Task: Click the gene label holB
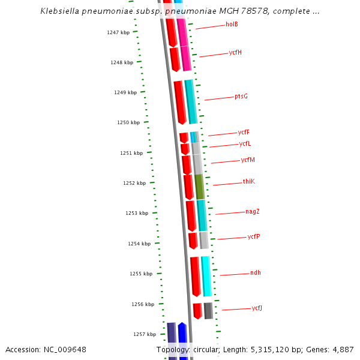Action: (232, 25)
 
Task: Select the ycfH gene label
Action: (235, 52)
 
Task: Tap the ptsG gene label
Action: (241, 96)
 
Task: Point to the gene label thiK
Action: (248, 181)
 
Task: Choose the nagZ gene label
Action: (252, 211)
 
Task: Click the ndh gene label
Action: (256, 273)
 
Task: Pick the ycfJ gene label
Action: (257, 308)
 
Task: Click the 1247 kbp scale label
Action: (118, 32)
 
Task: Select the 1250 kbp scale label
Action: (128, 122)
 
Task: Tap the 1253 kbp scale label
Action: (136, 213)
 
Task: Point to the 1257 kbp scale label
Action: (144, 334)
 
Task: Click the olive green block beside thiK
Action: (199, 187)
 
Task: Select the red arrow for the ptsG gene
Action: (179, 102)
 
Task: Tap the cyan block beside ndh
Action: (206, 276)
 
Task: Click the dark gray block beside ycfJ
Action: (208, 311)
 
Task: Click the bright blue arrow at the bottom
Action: (183, 342)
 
